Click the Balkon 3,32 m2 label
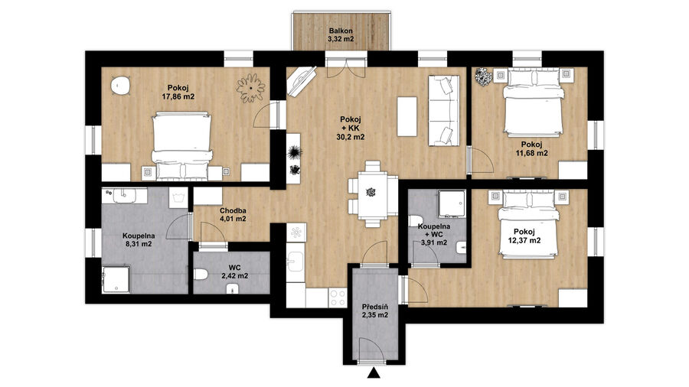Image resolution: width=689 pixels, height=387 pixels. pyautogui.click(x=341, y=34)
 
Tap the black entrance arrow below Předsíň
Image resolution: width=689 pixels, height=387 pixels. pyautogui.click(x=374, y=373)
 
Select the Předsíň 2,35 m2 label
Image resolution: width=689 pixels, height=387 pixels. pyautogui.click(x=375, y=311)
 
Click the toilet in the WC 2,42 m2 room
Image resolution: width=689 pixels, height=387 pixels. pyautogui.click(x=201, y=275)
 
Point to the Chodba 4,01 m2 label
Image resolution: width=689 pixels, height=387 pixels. pyautogui.click(x=233, y=214)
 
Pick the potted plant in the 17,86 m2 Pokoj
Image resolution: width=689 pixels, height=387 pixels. pyautogui.click(x=251, y=88)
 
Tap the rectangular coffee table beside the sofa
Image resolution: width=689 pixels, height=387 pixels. pyautogui.click(x=407, y=116)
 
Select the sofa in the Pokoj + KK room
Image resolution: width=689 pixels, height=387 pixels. pyautogui.click(x=443, y=111)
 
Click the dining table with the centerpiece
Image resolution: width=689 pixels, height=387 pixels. pyautogui.click(x=373, y=193)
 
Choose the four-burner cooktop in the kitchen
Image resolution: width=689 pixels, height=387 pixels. pyautogui.click(x=338, y=297)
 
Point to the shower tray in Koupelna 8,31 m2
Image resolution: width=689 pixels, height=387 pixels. pyautogui.click(x=116, y=279)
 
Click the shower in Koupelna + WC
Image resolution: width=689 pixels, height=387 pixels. pyautogui.click(x=452, y=203)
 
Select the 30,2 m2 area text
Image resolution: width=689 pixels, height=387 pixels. pyautogui.click(x=350, y=137)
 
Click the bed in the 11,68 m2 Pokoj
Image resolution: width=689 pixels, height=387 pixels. pyautogui.click(x=533, y=102)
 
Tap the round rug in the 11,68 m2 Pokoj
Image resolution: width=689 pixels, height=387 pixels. pyautogui.click(x=484, y=76)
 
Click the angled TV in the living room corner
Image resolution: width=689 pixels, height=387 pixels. pyautogui.click(x=302, y=80)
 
